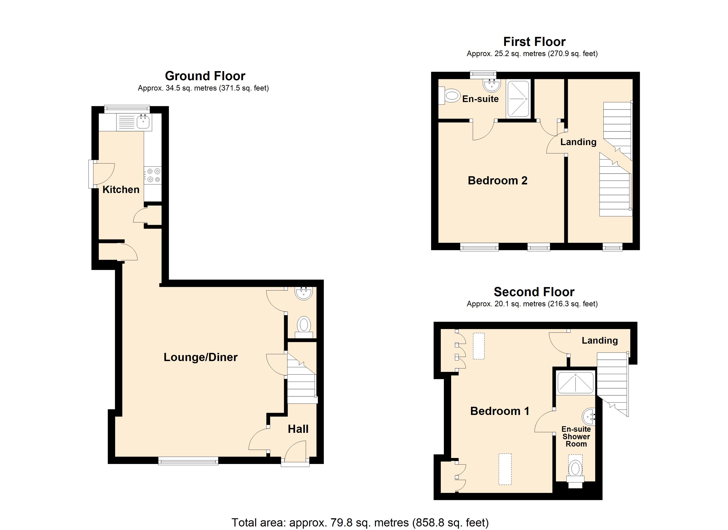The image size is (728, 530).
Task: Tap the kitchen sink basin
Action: [x=143, y=122]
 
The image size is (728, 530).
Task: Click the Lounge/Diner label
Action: [x=200, y=357]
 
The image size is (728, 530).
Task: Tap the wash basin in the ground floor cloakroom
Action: [x=303, y=293]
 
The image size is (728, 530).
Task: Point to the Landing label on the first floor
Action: [x=578, y=142]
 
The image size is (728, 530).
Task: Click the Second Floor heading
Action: [x=534, y=292]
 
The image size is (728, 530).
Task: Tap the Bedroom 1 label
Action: [x=499, y=411]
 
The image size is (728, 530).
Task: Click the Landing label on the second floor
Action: [x=599, y=340]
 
